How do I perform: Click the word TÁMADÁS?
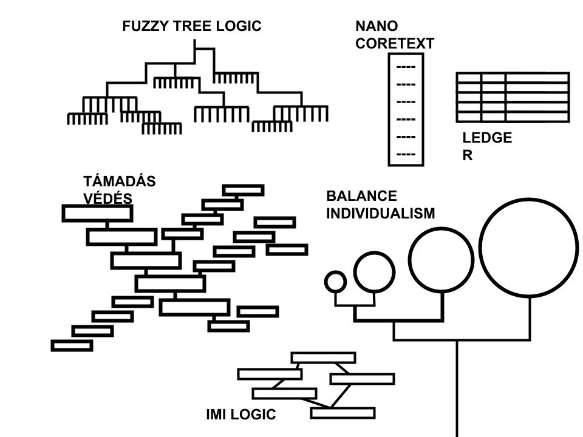click(120, 181)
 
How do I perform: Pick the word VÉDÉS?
click(107, 199)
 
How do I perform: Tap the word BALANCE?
click(361, 196)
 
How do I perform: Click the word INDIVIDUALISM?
click(381, 214)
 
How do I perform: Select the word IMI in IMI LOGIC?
click(217, 415)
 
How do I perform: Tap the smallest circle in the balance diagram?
click(335, 282)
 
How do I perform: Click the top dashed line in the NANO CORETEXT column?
click(406, 67)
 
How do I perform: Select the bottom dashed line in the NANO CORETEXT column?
click(406, 155)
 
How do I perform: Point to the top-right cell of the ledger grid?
click(537, 77)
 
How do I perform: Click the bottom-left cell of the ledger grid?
click(469, 116)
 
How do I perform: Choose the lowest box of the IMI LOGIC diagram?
click(343, 413)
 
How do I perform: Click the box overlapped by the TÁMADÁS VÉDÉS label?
click(97, 214)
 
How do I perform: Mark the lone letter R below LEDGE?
click(468, 155)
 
